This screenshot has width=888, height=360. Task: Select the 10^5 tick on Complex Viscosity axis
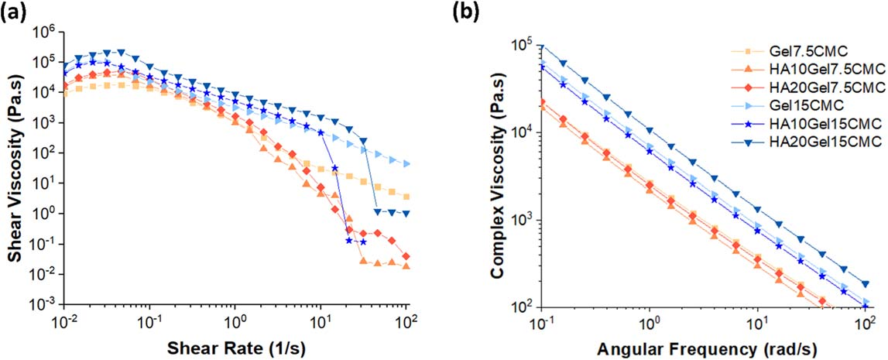coord(527,45)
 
